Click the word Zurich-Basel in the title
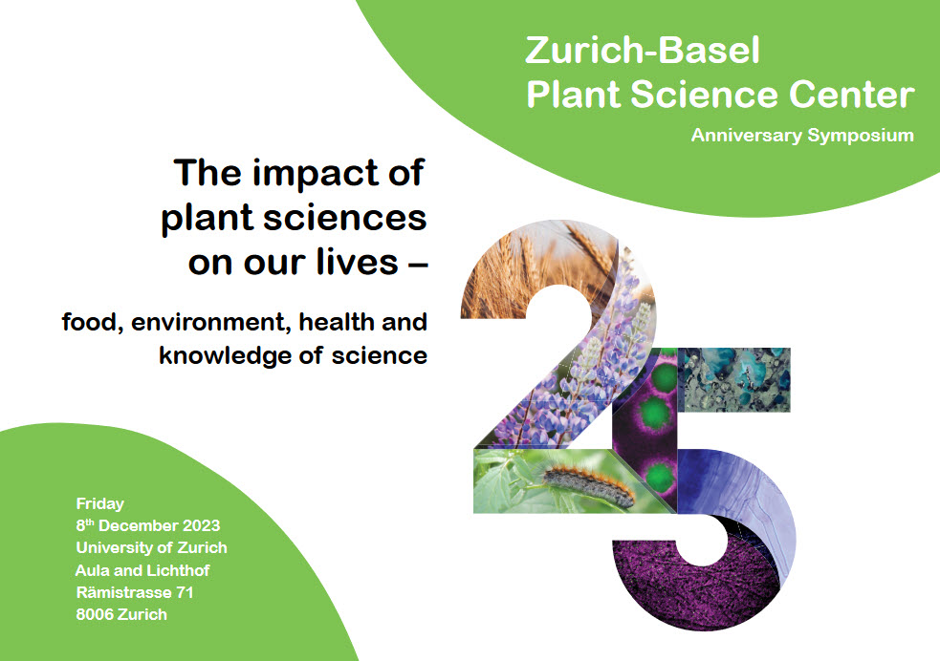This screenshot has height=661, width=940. tap(642, 51)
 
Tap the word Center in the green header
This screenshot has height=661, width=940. tap(851, 95)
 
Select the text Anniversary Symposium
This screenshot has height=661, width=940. tap(802, 136)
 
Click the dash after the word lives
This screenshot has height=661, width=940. tap(417, 264)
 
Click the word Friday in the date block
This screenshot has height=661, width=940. tap(100, 504)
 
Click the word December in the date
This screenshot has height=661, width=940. tap(138, 525)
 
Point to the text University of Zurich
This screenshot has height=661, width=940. tap(152, 548)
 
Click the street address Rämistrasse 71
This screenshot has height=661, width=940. tap(135, 593)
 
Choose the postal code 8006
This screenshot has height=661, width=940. tap(95, 615)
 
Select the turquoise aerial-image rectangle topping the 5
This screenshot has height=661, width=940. tap(734, 379)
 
